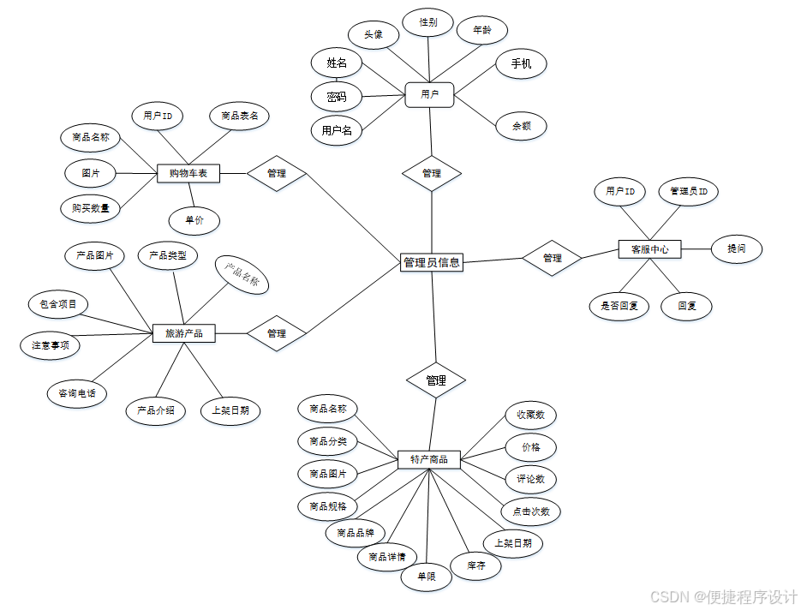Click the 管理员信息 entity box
432,263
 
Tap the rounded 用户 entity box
429,95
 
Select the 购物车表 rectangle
189,174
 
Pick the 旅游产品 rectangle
184,333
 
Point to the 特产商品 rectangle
429,460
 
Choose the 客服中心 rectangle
649,249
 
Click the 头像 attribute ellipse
374,34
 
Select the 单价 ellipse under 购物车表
194,221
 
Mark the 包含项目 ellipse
58,303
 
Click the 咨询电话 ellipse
77,394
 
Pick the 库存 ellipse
476,566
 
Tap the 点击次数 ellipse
531,511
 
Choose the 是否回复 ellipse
619,306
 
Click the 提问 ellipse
737,248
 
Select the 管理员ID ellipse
688,192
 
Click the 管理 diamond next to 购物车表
277,174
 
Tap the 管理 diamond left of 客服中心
553,258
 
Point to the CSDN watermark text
724,595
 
